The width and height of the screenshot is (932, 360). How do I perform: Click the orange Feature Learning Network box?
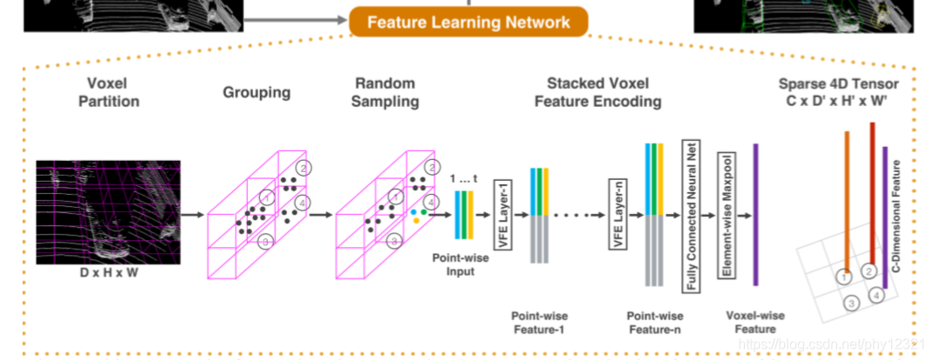click(469, 23)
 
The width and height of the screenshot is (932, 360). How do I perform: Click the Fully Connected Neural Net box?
click(691, 216)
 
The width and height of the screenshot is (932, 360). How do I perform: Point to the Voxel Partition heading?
click(109, 92)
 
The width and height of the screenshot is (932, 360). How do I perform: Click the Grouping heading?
click(256, 93)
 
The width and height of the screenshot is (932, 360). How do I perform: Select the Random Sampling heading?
click(385, 92)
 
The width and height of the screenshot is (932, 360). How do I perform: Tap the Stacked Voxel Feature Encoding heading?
click(598, 92)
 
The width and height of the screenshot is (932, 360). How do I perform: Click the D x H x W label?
click(109, 274)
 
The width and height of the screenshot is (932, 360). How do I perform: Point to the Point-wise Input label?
click(453, 265)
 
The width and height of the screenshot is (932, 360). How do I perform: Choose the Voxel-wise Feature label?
click(756, 322)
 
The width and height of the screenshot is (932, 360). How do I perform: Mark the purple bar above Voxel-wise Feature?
click(756, 215)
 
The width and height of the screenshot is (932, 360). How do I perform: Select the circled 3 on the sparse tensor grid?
click(852, 303)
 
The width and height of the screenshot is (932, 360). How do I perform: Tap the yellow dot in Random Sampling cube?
click(416, 220)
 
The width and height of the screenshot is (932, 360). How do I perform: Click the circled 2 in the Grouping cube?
click(303, 168)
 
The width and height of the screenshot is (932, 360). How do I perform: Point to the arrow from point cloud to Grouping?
click(192, 215)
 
